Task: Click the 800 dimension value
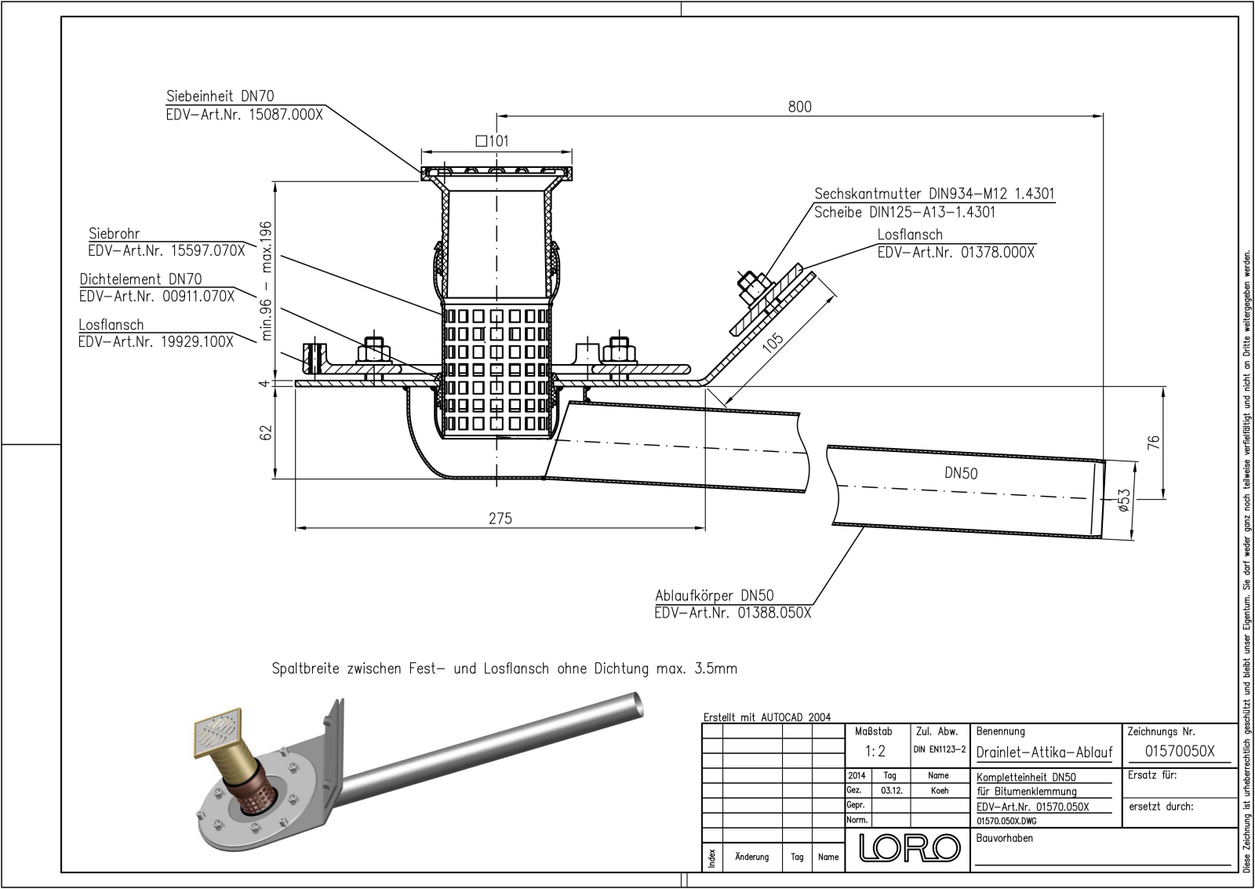coord(799,107)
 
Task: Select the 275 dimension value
coord(500,518)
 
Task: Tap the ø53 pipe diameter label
coord(1123,501)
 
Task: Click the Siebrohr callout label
coord(115,234)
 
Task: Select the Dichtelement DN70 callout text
coord(140,279)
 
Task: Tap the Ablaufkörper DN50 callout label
coord(715,596)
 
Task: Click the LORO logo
coord(910,848)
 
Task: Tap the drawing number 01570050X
coord(1179,751)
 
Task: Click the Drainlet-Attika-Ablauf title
coord(1044,752)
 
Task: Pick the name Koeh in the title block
coord(939,791)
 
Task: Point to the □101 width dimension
coord(493,141)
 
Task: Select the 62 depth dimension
coord(266,432)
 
